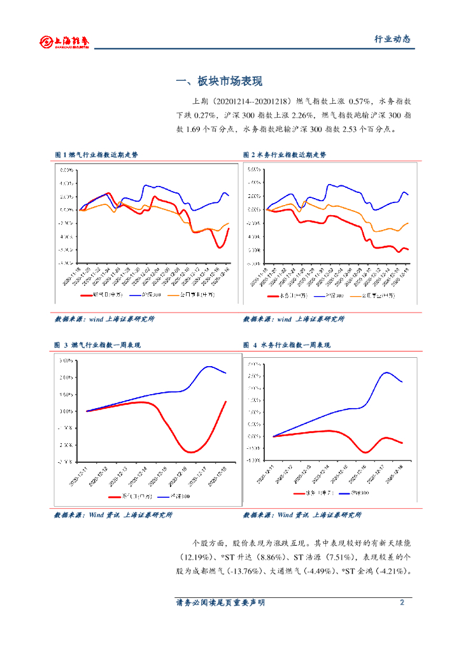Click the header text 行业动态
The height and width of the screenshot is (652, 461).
click(x=392, y=39)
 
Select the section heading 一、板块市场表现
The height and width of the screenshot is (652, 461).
click(x=219, y=81)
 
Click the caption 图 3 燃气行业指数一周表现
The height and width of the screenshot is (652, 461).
click(x=97, y=345)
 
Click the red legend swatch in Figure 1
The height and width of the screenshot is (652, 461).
click(x=86, y=295)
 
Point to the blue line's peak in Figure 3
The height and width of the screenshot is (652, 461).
click(x=209, y=366)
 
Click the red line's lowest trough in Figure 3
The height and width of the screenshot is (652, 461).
click(x=190, y=452)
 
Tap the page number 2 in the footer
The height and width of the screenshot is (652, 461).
click(x=402, y=602)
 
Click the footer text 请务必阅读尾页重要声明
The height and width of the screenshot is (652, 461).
click(x=220, y=602)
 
